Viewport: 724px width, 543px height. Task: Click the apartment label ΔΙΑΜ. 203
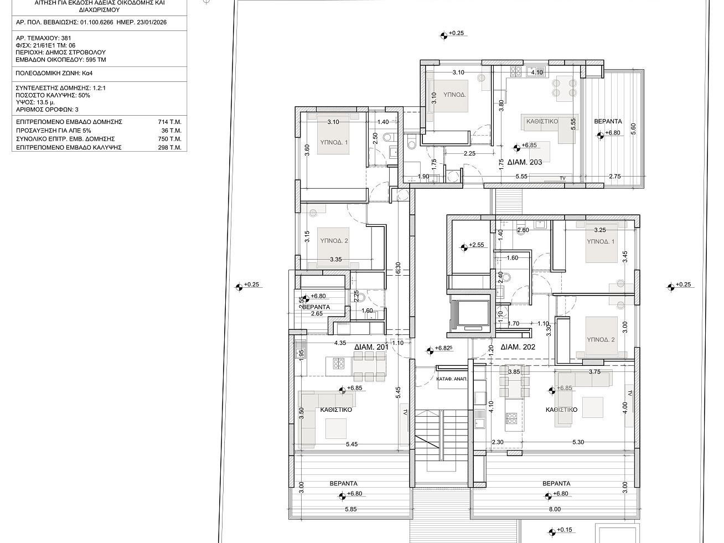pyautogui.click(x=524, y=162)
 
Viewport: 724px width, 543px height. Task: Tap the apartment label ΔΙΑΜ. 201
pyautogui.click(x=371, y=347)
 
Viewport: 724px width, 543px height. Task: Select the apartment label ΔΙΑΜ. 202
pyautogui.click(x=518, y=347)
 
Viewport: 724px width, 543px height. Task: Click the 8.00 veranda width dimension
pyautogui.click(x=555, y=509)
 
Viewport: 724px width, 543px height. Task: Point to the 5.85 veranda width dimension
pyautogui.click(x=351, y=509)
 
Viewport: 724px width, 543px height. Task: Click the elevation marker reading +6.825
pyautogui.click(x=430, y=351)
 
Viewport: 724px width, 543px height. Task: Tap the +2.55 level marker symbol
pyautogui.click(x=464, y=247)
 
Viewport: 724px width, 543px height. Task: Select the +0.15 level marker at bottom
pyautogui.click(x=552, y=532)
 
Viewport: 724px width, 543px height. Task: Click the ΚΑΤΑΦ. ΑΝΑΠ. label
pyautogui.click(x=452, y=379)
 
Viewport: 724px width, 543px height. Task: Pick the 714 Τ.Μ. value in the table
pyautogui.click(x=169, y=122)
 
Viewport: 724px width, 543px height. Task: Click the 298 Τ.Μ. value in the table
pyautogui.click(x=169, y=147)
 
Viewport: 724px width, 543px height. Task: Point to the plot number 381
pyautogui.click(x=66, y=38)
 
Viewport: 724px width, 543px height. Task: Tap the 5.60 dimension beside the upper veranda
pyautogui.click(x=633, y=129)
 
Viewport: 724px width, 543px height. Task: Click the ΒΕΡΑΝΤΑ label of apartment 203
pyautogui.click(x=608, y=121)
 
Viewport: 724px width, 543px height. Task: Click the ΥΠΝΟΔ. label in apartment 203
pyautogui.click(x=454, y=95)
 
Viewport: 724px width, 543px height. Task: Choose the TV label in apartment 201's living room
pyautogui.click(x=405, y=412)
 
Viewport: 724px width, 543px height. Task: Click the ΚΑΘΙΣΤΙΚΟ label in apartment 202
pyautogui.click(x=561, y=410)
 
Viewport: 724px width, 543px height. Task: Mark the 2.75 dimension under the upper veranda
pyautogui.click(x=615, y=177)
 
